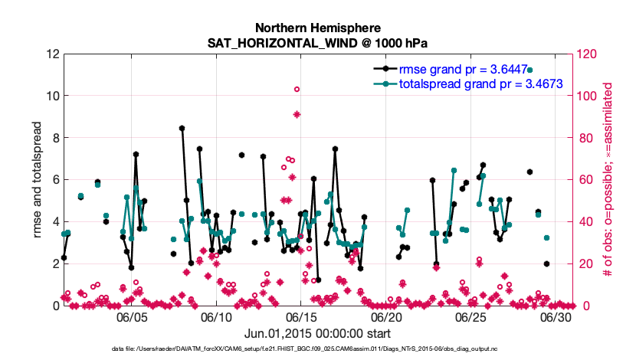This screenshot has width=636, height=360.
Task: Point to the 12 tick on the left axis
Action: point(52,54)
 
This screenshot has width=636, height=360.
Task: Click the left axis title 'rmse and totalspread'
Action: point(38,180)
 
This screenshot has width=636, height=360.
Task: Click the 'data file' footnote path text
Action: point(318,351)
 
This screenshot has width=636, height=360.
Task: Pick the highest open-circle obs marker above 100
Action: point(297,90)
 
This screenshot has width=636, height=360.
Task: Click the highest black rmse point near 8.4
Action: point(182,129)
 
